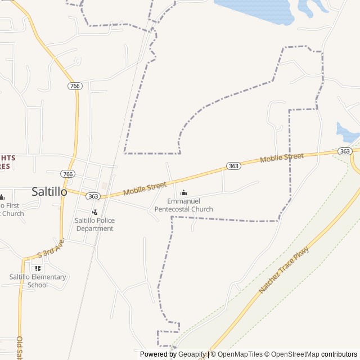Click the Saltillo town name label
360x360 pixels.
tap(49, 191)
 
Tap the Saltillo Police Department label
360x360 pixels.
tap(94, 224)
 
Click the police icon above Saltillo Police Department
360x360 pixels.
tap(94, 212)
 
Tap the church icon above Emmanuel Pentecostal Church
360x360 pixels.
tap(183, 193)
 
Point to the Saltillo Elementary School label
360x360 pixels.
tap(38, 281)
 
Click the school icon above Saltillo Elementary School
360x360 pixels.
tap(38, 268)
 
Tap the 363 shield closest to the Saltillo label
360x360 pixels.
tap(93, 196)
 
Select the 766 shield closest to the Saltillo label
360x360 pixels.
tap(68, 174)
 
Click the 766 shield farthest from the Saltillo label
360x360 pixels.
tap(75, 86)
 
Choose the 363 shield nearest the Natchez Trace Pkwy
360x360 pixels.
tap(345, 151)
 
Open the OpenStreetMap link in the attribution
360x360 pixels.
tap(294, 354)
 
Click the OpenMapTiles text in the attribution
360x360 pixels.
tap(241, 354)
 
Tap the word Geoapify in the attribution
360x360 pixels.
tap(192, 354)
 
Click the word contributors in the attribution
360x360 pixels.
tap(340, 354)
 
